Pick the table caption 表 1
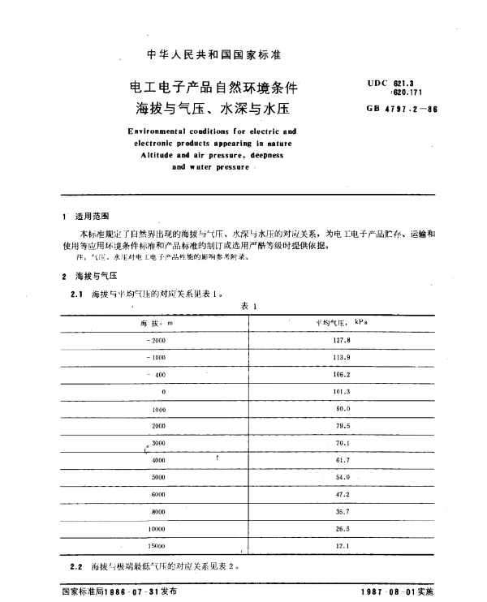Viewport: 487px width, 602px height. click(249, 306)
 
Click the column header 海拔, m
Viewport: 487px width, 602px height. click(155, 323)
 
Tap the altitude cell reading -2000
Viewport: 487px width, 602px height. click(153, 341)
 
